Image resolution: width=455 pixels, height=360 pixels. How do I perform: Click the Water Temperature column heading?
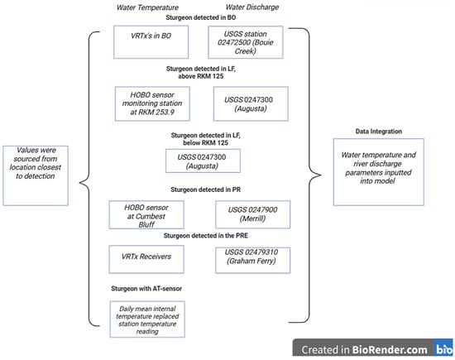pos(147,7)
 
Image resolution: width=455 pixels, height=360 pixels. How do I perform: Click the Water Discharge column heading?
pos(252,7)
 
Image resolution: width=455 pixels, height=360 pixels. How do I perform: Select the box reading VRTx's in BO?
pos(151,42)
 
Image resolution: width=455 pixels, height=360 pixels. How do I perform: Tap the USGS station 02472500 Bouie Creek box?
pos(246,42)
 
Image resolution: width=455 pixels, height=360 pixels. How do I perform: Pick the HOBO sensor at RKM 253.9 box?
pos(152,103)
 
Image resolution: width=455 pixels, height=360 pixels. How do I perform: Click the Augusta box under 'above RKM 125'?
pos(251,103)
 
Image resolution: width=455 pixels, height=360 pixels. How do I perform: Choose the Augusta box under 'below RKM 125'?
pos(203,161)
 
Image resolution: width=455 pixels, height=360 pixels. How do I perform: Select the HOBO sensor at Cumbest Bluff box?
pos(146,215)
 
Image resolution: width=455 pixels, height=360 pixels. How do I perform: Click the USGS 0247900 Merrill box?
pos(253,214)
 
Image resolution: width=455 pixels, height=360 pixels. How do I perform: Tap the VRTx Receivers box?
pos(146,259)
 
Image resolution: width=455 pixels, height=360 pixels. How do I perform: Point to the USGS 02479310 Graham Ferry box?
pos(253,260)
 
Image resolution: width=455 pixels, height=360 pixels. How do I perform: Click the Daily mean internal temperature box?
pos(147,319)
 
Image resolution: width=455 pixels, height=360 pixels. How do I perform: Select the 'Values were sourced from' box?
pos(36,175)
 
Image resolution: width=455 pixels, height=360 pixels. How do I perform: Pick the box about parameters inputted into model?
pos(378,172)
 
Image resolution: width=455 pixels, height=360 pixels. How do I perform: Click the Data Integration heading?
pos(379,132)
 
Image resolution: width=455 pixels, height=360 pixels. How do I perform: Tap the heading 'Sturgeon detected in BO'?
pos(201,17)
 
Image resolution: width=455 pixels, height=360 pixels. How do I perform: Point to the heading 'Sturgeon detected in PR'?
pos(205,190)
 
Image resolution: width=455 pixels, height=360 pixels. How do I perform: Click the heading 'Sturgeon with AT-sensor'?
pos(146,289)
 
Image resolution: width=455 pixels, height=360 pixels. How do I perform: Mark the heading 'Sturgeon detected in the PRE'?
pos(206,236)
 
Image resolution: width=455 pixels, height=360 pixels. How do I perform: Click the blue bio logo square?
pos(443,348)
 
